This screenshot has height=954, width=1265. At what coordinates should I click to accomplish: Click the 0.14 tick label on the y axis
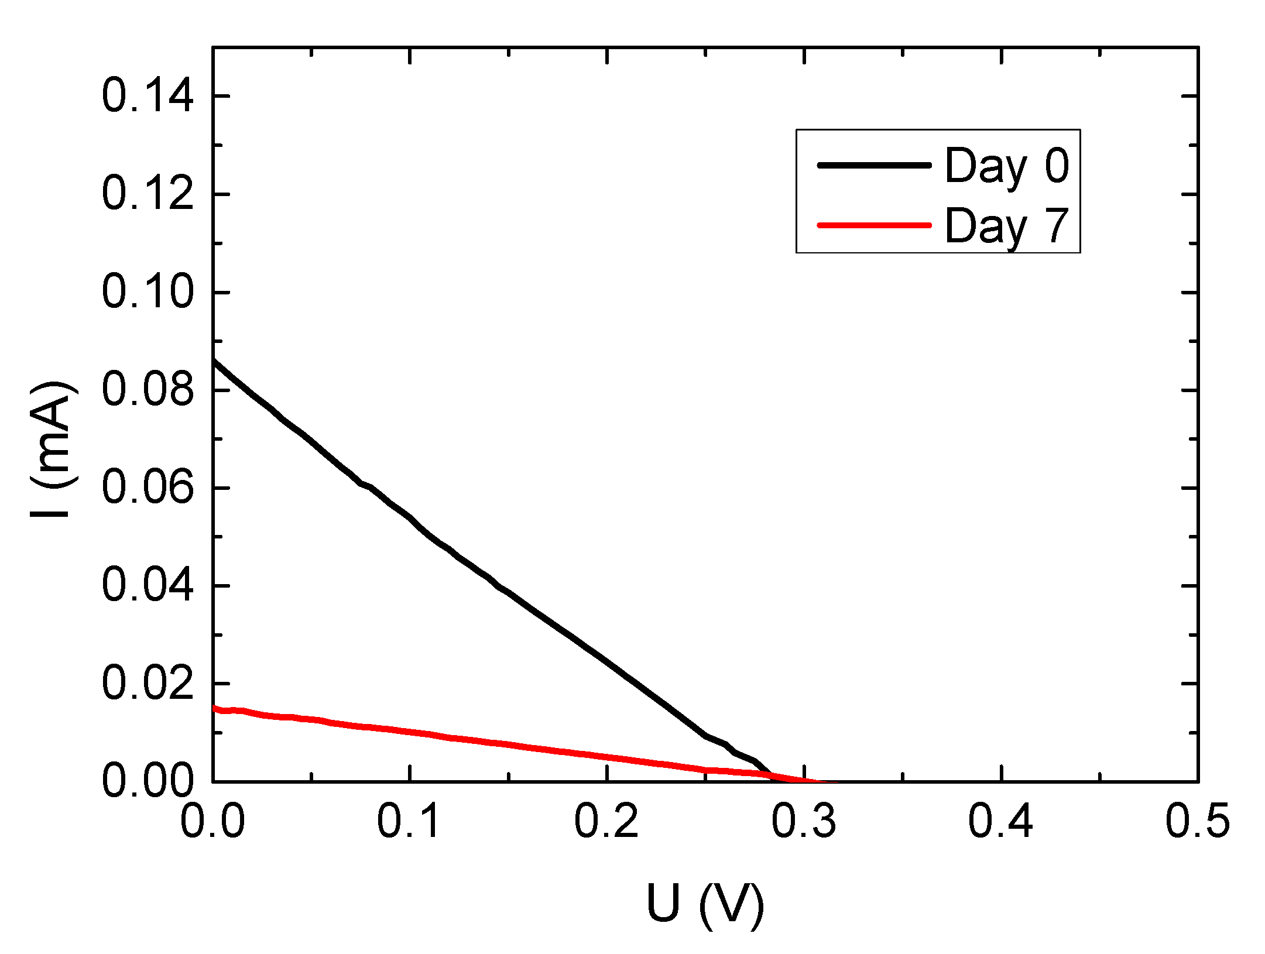coord(147,97)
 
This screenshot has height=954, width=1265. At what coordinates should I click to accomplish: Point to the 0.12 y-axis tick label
coord(147,194)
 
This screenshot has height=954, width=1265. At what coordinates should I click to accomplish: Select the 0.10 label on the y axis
coord(147,292)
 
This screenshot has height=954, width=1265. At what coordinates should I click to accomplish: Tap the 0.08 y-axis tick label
coord(147,390)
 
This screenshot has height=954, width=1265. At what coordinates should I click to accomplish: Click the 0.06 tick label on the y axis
coord(147,488)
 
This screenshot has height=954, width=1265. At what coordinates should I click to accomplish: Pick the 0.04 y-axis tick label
coord(147,586)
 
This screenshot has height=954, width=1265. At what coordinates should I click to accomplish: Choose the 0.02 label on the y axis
coord(147,684)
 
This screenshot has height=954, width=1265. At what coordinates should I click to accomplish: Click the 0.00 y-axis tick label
coord(147,781)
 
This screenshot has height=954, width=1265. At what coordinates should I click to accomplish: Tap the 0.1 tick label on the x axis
coord(409,821)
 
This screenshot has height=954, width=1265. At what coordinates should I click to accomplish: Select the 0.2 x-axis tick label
coord(606,821)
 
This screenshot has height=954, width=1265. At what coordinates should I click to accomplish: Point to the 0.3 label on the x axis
coord(804,821)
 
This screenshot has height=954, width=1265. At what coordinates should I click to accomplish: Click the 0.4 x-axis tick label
coord(1001,821)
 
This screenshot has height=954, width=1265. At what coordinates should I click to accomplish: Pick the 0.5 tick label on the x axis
coord(1198,821)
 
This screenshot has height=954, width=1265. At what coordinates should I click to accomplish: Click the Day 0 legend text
coord(1007,166)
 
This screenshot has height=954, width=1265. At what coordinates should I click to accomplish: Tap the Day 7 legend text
coord(1007,226)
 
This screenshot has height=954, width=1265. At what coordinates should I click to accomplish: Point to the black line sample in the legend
coord(874,166)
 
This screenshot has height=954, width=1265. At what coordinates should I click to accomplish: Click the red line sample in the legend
coord(874,225)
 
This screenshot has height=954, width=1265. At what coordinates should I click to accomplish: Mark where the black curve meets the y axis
coord(213,359)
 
